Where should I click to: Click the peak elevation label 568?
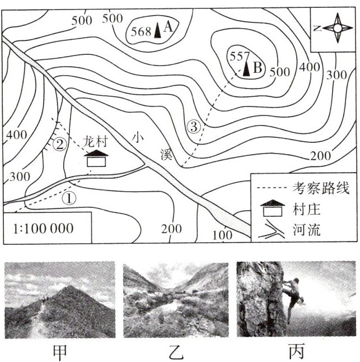coord(141,31)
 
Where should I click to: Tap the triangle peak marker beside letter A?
coord(157,29)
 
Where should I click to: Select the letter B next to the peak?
coord(258,68)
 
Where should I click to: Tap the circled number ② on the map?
coord(60,144)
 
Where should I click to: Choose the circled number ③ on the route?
coord(194,127)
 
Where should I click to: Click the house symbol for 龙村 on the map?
coord(98,159)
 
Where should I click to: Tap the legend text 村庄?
coord(306,210)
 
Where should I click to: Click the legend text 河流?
coord(306,230)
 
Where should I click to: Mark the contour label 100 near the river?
coord(223,235)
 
